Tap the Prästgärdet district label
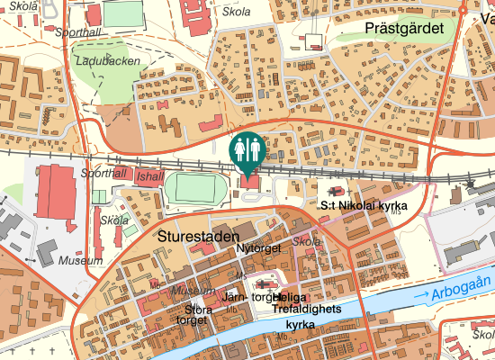coord(406,29)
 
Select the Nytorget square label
coord(258,247)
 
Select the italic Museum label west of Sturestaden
coord(80,260)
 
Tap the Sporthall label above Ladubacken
coord(77,31)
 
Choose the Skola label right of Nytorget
coord(307,242)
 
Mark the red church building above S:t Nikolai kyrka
coord(337,192)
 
